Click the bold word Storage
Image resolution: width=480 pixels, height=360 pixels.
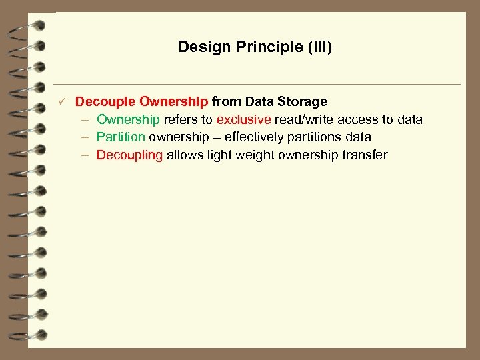[304, 102]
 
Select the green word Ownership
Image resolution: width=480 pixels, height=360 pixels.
[128, 119]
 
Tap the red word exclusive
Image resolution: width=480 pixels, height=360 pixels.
[244, 119]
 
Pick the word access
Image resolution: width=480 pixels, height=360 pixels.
[358, 119]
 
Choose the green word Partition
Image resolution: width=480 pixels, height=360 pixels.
[121, 137]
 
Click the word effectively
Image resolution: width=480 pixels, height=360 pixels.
[257, 137]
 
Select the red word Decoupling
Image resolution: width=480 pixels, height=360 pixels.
[129, 155]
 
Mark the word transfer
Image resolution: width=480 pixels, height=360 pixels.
[366, 155]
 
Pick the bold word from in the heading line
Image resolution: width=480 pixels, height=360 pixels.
[227, 102]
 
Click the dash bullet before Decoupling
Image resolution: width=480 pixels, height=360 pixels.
[86, 155]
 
